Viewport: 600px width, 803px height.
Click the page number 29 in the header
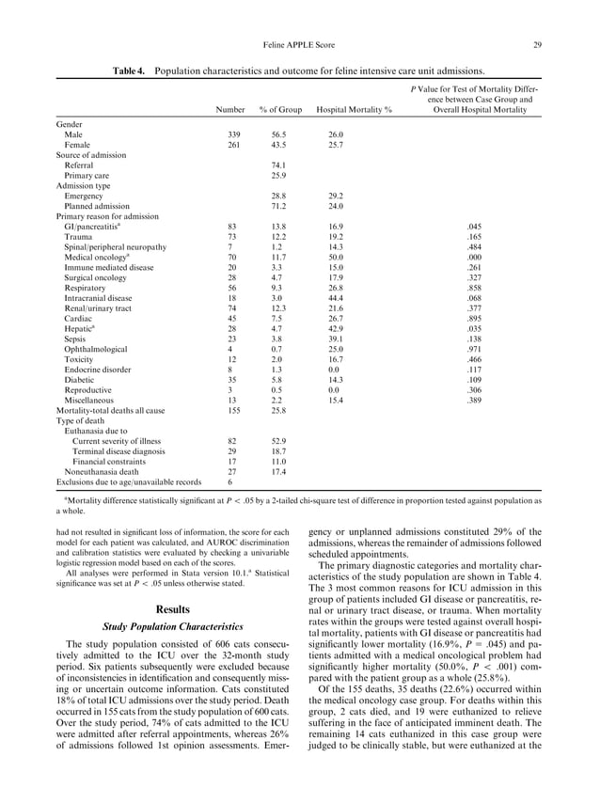click(536, 44)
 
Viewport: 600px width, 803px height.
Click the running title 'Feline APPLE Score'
click(299, 44)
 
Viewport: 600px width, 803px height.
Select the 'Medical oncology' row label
click(97, 257)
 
